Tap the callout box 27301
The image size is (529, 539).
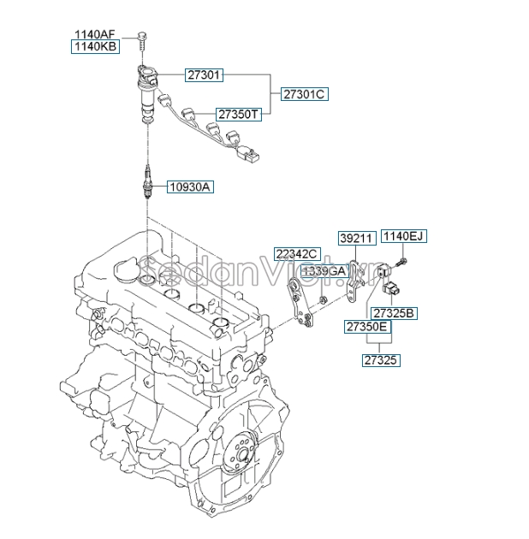coord(205,75)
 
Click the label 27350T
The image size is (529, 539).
coord(237,113)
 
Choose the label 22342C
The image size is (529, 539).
coord(296,253)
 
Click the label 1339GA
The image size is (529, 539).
coord(323,270)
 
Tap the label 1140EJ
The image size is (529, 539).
coord(402,236)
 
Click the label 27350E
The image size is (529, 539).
coord(366,327)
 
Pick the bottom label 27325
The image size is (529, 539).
coord(380,361)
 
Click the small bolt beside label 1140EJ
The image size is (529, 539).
coord(404,259)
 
